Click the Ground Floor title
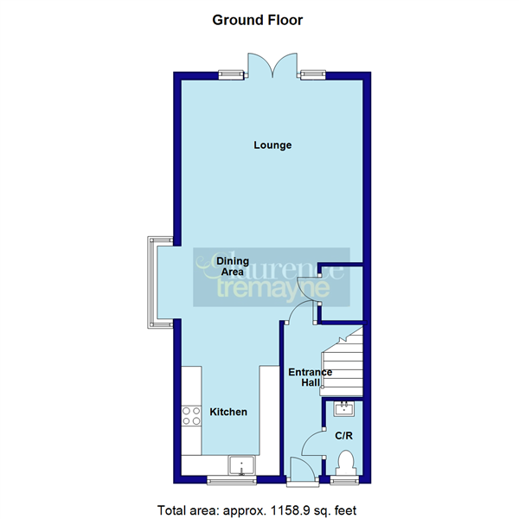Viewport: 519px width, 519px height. [x=258, y=20]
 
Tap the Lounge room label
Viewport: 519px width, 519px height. [x=272, y=145]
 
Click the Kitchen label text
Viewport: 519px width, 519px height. [x=228, y=413]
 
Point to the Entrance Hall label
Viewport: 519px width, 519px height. [x=310, y=377]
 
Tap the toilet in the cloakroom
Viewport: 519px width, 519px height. [x=346, y=463]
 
